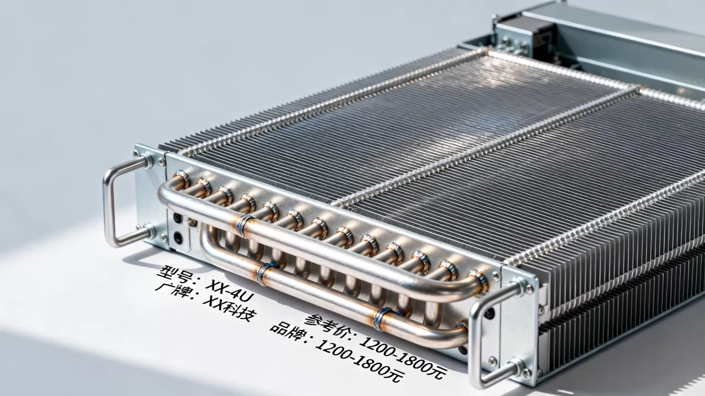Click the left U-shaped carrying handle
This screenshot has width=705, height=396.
tap(109, 201)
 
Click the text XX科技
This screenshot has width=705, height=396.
tap(230, 309)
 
